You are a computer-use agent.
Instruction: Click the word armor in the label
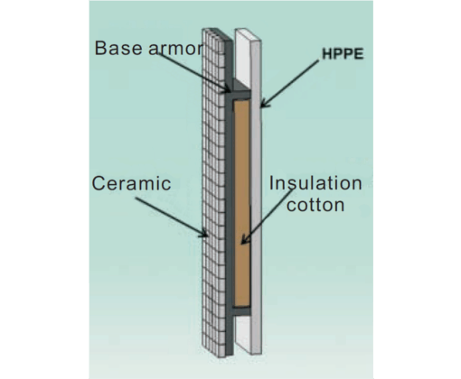pyautogui.click(x=176, y=49)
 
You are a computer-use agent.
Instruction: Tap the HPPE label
pyautogui.click(x=343, y=54)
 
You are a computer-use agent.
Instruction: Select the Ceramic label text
pyautogui.click(x=131, y=183)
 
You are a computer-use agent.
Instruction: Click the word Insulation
pyautogui.click(x=315, y=183)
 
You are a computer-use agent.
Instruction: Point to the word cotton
pyautogui.click(x=315, y=205)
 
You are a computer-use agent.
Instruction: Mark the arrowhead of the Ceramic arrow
pyautogui.click(x=203, y=233)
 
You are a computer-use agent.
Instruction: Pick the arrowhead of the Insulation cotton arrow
pyautogui.click(x=244, y=240)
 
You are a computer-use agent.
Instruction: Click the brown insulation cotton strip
pyautogui.click(x=242, y=203)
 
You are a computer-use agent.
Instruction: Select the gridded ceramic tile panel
pyautogui.click(x=213, y=192)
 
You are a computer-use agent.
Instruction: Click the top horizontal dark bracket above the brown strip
pyautogui.click(x=240, y=95)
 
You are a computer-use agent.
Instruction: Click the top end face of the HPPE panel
pyautogui.click(x=248, y=34)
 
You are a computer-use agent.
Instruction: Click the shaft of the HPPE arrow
pyautogui.click(x=291, y=82)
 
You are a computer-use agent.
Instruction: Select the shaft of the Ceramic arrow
pyautogui.click(x=170, y=216)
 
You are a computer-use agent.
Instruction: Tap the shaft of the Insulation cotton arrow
pyautogui.click(x=268, y=215)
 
